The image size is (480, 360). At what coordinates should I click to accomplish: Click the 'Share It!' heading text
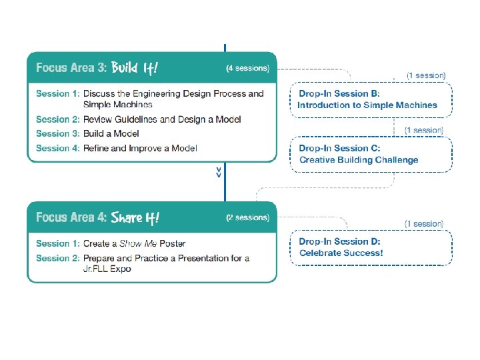[136, 217]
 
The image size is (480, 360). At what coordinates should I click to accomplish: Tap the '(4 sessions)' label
[247, 68]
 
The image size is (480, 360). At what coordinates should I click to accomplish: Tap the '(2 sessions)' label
[247, 217]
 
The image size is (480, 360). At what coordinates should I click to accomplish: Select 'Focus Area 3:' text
[71, 67]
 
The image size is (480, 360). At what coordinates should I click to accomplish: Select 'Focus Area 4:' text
[71, 217]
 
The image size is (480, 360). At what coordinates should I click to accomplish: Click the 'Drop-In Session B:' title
[339, 93]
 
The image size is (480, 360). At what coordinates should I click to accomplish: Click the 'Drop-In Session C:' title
[339, 148]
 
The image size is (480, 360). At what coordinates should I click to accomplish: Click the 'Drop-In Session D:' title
[339, 241]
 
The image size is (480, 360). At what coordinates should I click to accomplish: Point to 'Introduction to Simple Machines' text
[367, 105]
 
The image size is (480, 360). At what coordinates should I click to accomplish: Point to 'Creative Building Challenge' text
[359, 160]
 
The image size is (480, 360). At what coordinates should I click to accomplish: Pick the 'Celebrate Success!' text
[341, 253]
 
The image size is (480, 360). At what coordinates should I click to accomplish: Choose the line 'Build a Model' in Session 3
[112, 133]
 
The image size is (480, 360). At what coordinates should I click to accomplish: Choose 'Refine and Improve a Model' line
[140, 148]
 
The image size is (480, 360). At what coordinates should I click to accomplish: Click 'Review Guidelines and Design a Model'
[162, 119]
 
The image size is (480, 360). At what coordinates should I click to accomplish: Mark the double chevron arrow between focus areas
[219, 173]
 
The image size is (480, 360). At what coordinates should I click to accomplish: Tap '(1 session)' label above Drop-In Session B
[426, 75]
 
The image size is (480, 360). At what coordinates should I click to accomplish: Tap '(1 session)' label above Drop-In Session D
[424, 224]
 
